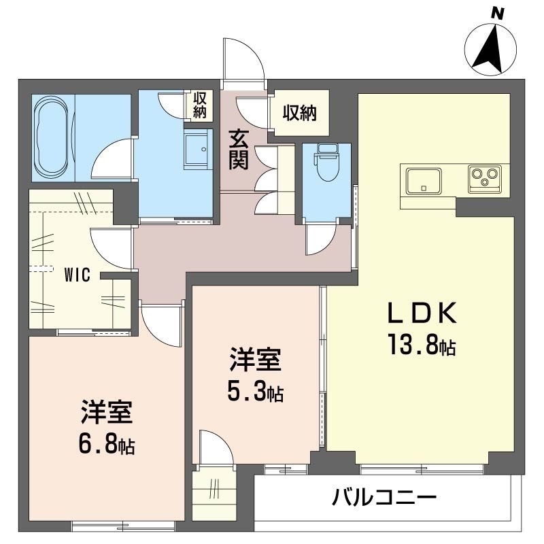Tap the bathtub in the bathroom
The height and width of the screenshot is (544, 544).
[52, 136]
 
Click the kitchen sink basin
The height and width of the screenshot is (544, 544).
[424, 180]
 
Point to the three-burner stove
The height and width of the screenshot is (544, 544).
[484, 177]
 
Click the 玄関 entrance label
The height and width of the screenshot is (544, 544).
[238, 150]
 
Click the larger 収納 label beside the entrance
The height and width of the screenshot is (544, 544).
[300, 112]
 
